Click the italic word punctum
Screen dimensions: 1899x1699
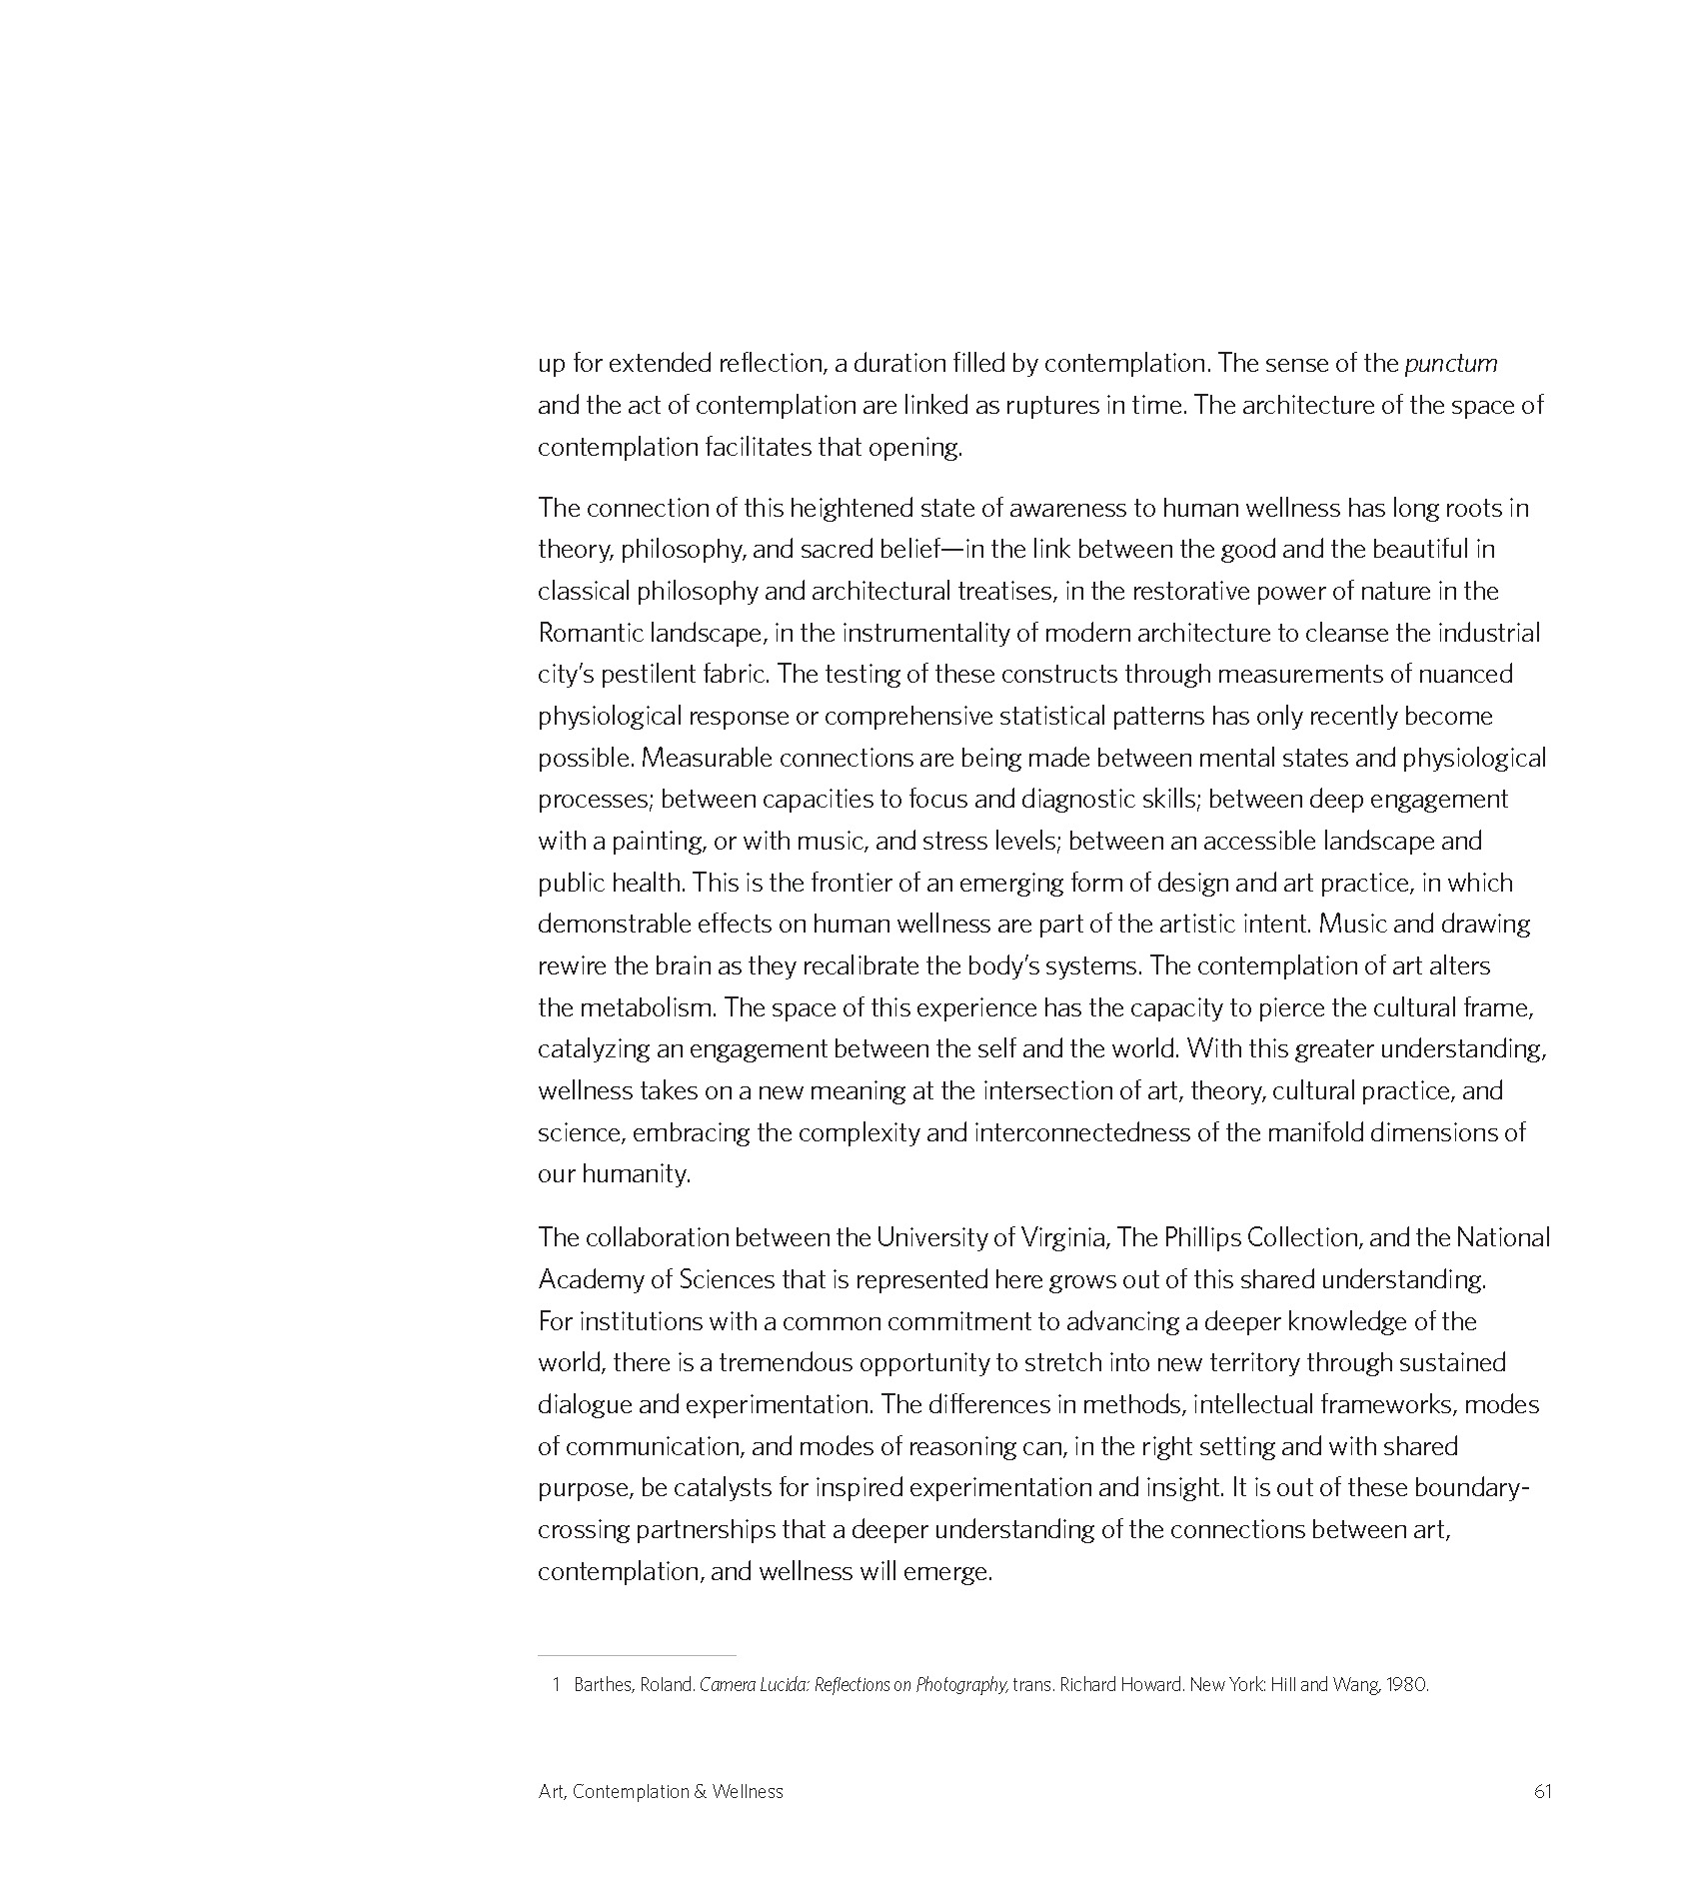tap(1450, 364)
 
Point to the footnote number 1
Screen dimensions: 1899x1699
tap(556, 1684)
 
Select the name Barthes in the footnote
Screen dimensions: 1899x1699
tap(602, 1684)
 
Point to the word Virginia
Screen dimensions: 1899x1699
tap(1063, 1237)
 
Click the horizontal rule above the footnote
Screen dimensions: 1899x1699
tap(637, 1655)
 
